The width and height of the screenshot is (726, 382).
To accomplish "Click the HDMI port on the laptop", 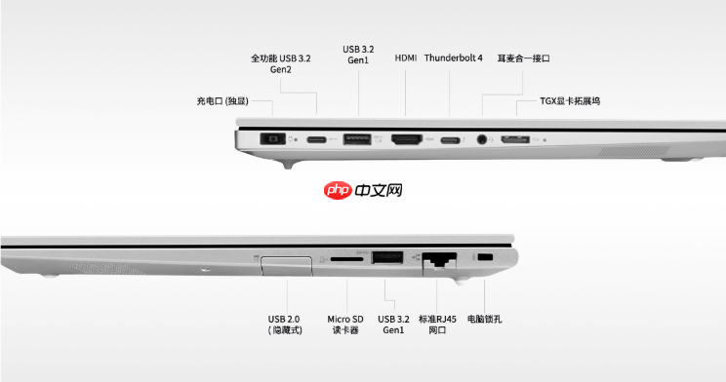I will pos(406,140).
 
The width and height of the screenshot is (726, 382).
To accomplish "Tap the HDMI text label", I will pos(406,58).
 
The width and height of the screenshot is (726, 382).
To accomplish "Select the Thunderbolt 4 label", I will pos(453,58).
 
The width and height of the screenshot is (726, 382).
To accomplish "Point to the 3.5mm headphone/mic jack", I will pos(481,140).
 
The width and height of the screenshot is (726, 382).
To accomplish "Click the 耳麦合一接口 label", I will pos(524,58).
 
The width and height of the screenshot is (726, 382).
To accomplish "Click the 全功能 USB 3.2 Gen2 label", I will pos(281,64).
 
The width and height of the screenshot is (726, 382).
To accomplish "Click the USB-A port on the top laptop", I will pos(358,140).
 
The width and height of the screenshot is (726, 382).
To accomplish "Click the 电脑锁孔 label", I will pos(485,319).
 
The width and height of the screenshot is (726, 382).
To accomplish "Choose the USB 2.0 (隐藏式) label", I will pos(286,325).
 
